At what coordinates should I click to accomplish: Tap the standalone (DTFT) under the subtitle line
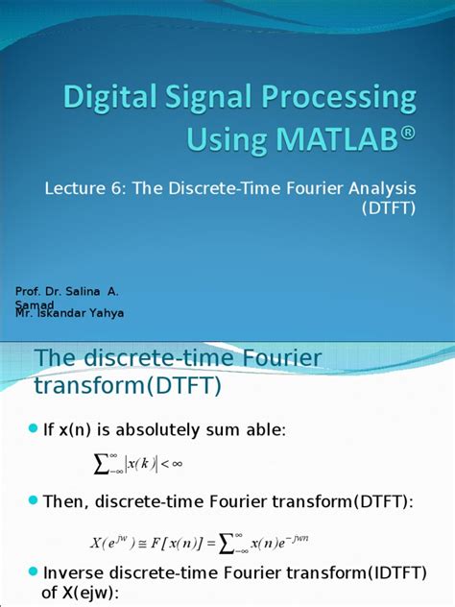pos(388,208)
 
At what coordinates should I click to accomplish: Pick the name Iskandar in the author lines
pos(67,313)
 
